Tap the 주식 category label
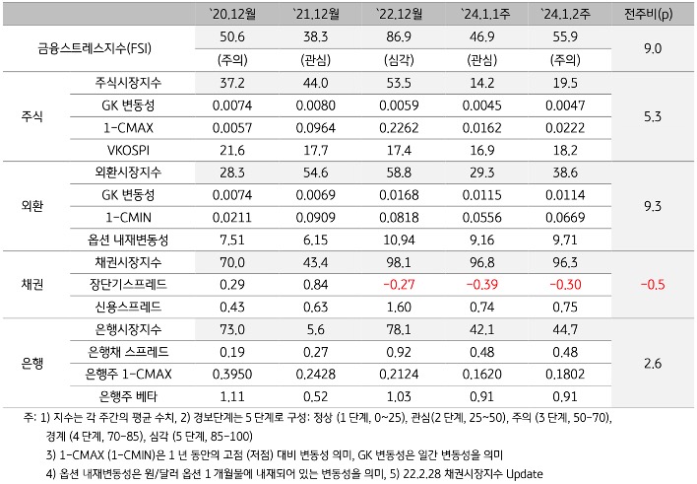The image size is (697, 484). coord(32,113)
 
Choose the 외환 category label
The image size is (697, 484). coord(32,205)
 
